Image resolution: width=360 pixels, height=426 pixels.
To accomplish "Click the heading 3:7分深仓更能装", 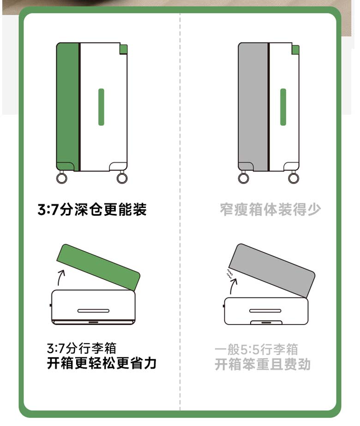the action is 92,209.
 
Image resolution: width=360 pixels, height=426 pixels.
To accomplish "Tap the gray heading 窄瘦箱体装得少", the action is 270,209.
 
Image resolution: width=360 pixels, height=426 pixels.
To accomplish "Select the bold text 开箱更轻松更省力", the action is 102,363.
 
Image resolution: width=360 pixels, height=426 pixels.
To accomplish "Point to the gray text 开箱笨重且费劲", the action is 263,364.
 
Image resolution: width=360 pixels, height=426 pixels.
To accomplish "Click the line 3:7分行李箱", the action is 82,348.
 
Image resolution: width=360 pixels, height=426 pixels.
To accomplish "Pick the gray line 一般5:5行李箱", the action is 257,349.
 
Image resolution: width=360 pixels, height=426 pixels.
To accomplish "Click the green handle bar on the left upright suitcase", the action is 101,107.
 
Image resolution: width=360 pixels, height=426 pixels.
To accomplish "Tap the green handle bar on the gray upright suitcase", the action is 283,107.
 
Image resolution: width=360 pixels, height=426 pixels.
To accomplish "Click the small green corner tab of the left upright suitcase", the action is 123,49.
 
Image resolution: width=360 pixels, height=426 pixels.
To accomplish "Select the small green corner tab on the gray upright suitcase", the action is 295,50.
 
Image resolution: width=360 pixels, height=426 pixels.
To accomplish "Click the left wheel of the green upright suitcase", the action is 62,178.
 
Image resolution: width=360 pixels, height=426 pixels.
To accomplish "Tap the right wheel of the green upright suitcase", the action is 122,178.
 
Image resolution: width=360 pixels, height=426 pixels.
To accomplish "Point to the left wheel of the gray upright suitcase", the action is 243,178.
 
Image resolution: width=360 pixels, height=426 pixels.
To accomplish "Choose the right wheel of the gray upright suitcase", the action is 294,178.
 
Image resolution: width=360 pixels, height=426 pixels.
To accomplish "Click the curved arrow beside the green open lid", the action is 60,277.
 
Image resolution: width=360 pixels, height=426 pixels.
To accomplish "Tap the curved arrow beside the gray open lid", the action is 233,286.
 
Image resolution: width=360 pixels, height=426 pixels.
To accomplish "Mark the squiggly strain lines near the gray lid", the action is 229,274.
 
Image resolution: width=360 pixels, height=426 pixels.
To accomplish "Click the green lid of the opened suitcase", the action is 98,267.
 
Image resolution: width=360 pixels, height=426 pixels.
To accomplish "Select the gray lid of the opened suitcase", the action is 272,270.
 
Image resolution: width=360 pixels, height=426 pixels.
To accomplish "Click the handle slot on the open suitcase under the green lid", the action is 93,311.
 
